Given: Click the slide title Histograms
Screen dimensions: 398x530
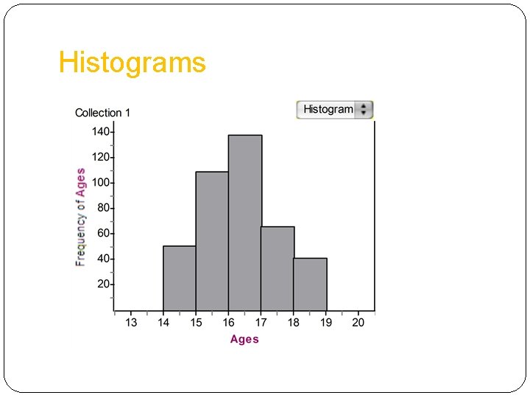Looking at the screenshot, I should (132, 63).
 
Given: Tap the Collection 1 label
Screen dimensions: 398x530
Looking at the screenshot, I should (103, 113).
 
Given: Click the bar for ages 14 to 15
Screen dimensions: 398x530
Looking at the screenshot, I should (179, 279).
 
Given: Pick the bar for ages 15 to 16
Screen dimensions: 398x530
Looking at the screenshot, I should (212, 242).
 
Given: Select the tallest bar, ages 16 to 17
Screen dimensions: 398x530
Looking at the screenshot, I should (245, 223).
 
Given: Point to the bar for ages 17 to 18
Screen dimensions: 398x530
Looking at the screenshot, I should (278, 269).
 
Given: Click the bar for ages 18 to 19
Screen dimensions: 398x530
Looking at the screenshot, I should (310, 284).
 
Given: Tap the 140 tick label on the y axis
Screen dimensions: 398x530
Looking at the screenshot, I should (101, 132).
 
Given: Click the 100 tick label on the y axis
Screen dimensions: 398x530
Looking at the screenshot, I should (101, 183).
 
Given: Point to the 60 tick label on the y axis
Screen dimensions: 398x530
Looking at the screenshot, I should (103, 234).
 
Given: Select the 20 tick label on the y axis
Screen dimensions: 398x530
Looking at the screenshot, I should (103, 284).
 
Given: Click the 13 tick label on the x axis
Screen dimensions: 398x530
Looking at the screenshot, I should (131, 323).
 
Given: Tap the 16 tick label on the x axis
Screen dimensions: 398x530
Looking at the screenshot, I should (229, 323).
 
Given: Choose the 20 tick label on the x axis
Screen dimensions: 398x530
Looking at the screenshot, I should (358, 323).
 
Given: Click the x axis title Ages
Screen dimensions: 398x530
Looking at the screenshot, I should (244, 339).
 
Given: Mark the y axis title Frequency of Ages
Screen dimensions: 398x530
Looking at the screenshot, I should (81, 217).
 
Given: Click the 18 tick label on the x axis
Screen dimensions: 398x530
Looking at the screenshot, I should (294, 323).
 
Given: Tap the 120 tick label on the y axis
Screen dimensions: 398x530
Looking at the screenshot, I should (101, 158).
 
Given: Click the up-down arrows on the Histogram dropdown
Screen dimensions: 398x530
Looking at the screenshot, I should (364, 110).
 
